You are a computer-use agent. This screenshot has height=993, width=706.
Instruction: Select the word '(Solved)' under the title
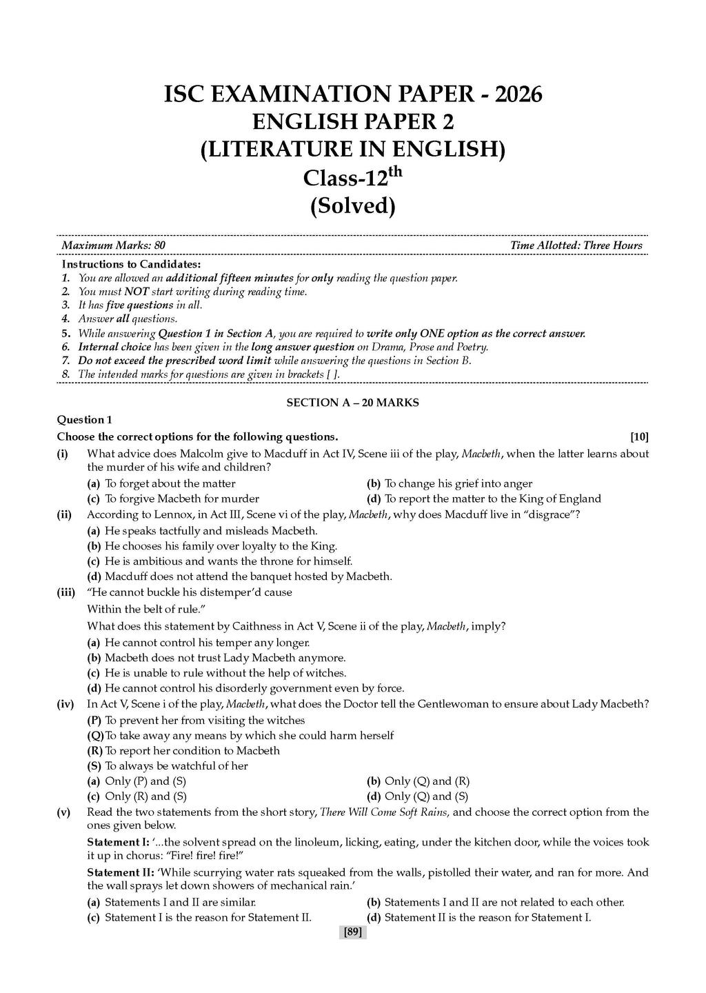coord(353,205)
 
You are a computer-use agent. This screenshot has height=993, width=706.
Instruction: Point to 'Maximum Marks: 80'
coord(113,245)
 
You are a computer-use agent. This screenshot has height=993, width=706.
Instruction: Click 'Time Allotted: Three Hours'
coord(576,245)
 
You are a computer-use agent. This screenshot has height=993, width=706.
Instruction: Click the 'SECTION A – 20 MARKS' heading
coord(352,403)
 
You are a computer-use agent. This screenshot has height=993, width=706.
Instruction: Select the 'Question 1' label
coord(84,420)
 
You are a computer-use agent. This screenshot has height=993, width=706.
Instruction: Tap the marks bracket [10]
coord(639,437)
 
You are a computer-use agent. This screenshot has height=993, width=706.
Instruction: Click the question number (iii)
coord(66,592)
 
